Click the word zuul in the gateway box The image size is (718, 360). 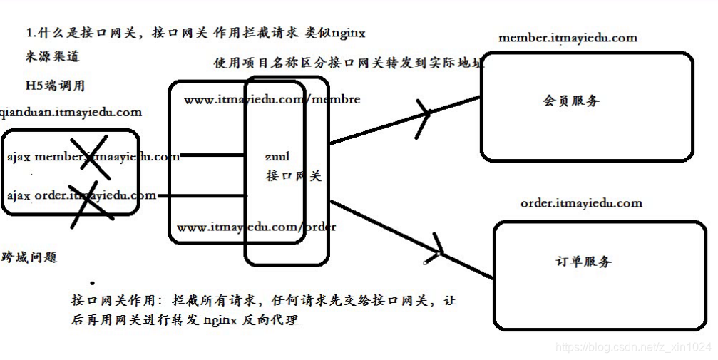pyautogui.click(x=277, y=155)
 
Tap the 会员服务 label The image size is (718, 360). pyautogui.click(x=571, y=101)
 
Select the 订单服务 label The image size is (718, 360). pyautogui.click(x=583, y=262)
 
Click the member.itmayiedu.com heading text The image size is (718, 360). pyautogui.click(x=568, y=38)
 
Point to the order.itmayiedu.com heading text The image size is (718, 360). pyautogui.click(x=581, y=203)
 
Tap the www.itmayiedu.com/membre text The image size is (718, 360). pyautogui.click(x=272, y=100)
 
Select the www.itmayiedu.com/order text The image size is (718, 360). pyautogui.click(x=256, y=227)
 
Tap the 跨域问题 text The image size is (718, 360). pyautogui.click(x=29, y=258)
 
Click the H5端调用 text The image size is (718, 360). pyautogui.click(x=55, y=86)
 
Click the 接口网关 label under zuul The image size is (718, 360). pyautogui.click(x=293, y=175)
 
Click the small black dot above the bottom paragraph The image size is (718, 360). pyautogui.click(x=93, y=282)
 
